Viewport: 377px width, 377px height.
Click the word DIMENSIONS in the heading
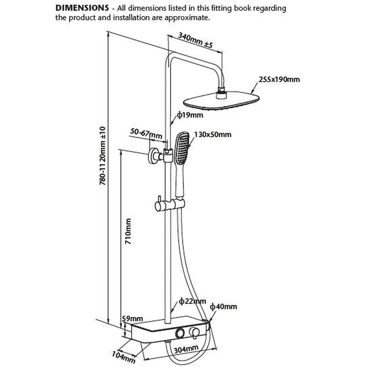click(82, 8)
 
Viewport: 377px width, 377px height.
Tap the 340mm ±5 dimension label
click(196, 40)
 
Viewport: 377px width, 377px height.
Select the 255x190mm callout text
click(279, 79)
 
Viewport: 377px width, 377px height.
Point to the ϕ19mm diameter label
click(190, 115)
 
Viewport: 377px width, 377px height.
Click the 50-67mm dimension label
click(146, 134)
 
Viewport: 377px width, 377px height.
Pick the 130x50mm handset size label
click(213, 134)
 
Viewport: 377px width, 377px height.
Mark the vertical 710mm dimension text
click(128, 231)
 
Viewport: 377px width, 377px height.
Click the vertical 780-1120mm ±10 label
click(102, 156)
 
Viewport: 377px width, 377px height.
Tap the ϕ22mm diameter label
click(193, 301)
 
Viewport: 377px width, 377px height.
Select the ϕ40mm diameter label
click(223, 307)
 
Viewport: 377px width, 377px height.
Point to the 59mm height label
click(132, 319)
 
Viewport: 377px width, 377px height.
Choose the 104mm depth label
click(123, 357)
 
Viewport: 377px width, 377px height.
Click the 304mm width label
click(186, 349)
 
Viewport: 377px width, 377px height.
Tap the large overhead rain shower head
click(221, 101)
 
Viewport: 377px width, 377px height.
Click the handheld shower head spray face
click(182, 148)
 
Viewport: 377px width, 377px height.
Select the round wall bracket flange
click(152, 156)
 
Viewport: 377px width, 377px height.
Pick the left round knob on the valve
click(180, 333)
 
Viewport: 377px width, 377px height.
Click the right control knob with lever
click(194, 333)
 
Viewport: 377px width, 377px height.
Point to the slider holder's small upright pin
click(159, 199)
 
